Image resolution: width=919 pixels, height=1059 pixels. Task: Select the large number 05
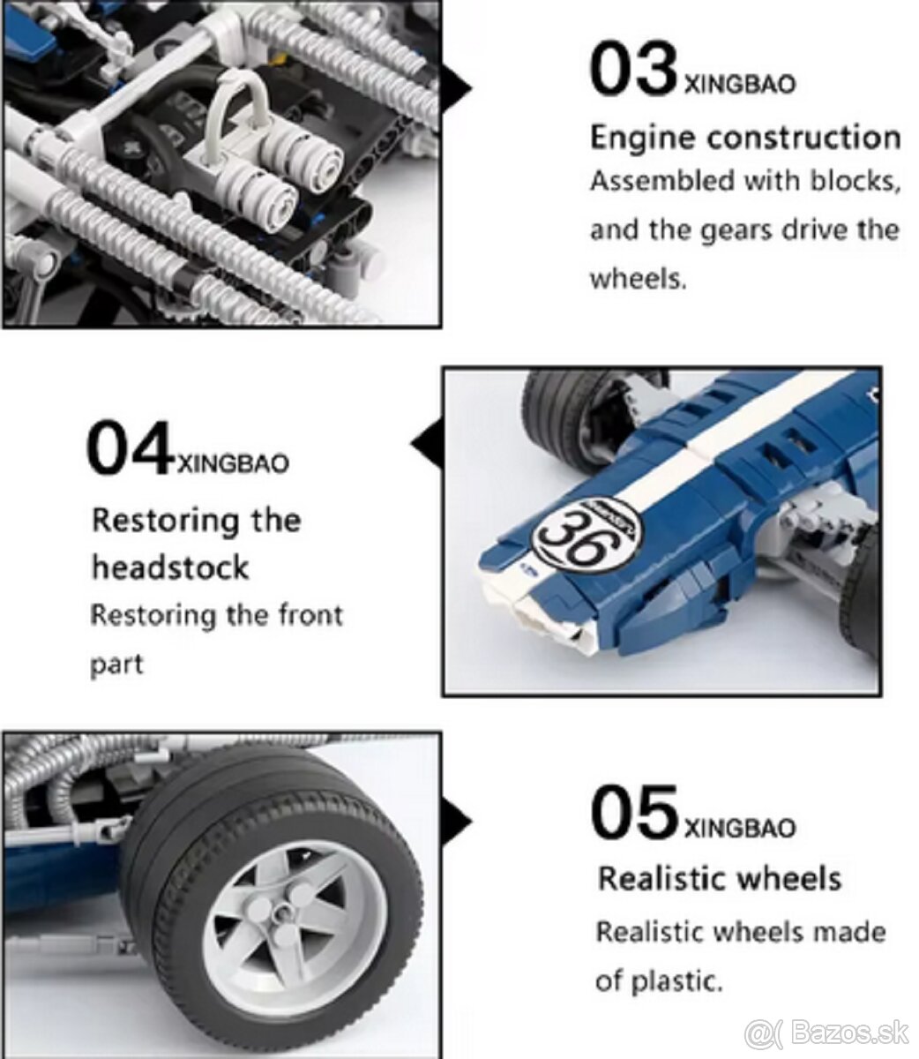(634, 812)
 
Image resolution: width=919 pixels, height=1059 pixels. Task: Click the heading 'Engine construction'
(745, 139)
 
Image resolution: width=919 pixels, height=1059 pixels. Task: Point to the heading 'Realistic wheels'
(719, 879)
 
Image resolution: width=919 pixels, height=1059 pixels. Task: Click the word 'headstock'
(170, 567)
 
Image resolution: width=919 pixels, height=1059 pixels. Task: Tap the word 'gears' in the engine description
(735, 231)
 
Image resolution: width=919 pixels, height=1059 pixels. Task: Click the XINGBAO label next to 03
(740, 85)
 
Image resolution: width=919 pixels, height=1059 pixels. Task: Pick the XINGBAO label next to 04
(233, 463)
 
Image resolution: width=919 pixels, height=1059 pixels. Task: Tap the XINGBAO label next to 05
(740, 828)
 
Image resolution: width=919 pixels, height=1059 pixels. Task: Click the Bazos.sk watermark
(826, 1019)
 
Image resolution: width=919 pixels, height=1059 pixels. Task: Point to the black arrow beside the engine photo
(457, 88)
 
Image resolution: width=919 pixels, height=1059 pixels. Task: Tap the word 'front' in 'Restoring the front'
(310, 615)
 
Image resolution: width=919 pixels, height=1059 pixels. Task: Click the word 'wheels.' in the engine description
(639, 280)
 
